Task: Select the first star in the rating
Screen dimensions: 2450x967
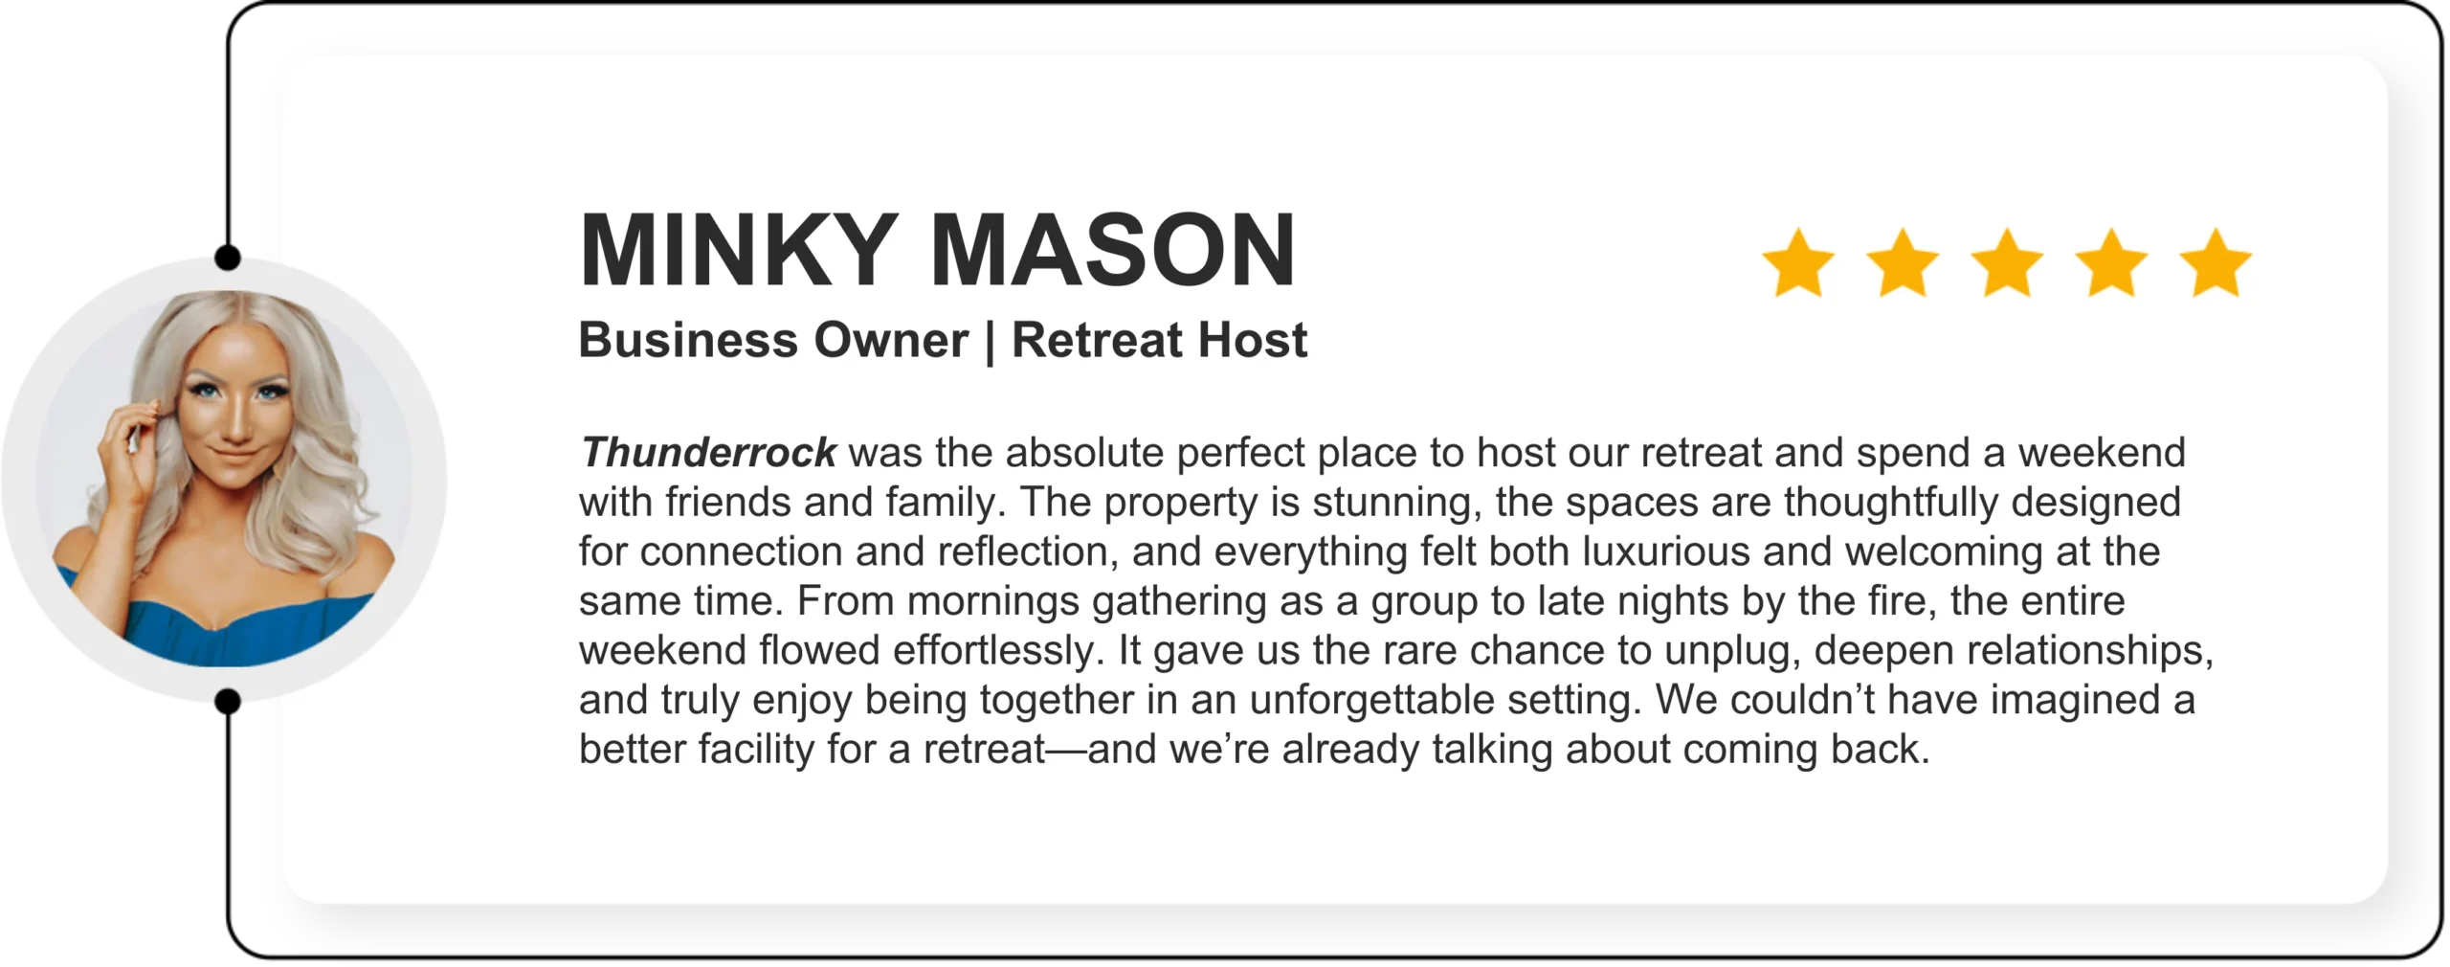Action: pos(1798,262)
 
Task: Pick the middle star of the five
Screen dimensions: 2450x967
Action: pos(2007,262)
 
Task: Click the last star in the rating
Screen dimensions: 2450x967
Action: pos(2216,262)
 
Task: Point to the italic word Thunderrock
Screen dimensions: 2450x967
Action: pos(708,452)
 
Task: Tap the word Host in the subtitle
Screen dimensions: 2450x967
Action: pos(1253,340)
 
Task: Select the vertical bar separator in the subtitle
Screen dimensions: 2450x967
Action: pos(990,342)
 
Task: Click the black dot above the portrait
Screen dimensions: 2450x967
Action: pos(228,258)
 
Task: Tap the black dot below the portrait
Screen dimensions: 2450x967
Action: pos(228,702)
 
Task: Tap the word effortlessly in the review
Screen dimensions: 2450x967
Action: pos(999,650)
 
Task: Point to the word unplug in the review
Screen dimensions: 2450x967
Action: pos(1733,652)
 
